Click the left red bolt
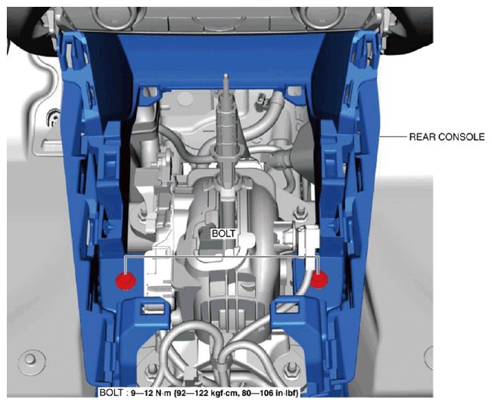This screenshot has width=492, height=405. tap(126, 280)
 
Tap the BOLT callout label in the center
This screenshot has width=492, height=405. tap(223, 234)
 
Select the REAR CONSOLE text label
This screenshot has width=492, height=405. tap(447, 137)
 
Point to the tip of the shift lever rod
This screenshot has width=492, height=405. tap(226, 75)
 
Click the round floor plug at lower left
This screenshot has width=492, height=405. tap(30, 360)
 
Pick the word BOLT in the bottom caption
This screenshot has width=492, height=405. tap(111, 393)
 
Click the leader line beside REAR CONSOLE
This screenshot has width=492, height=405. tap(393, 137)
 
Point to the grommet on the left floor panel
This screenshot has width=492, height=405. tap(54, 118)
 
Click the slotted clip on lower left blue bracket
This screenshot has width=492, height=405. tap(152, 308)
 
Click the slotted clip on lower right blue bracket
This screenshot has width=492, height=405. tap(287, 307)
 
